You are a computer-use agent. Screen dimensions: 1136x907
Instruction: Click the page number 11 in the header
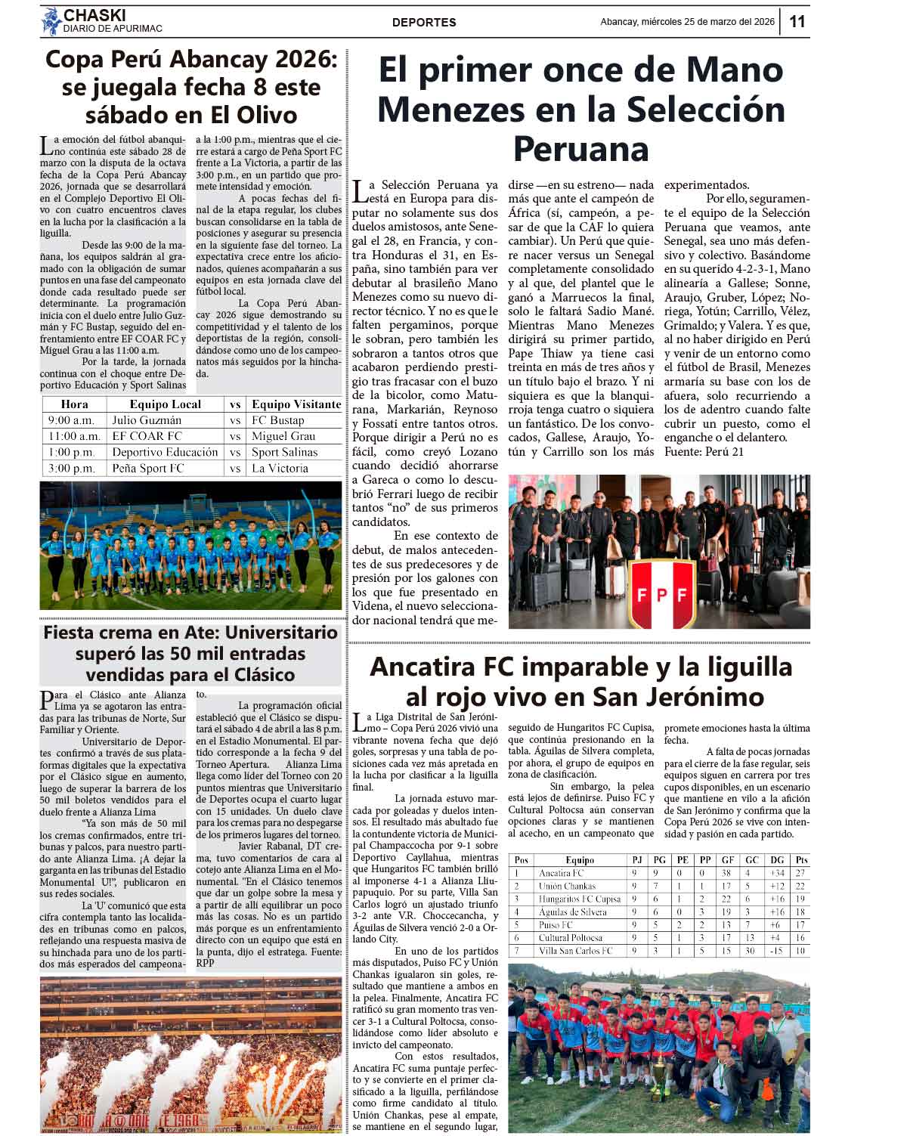(x=797, y=22)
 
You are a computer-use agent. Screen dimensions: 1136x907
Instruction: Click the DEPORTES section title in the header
(x=424, y=23)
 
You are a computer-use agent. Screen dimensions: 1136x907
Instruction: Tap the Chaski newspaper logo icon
(x=51, y=21)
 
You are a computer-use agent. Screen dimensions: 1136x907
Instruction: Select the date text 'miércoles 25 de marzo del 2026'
(x=707, y=22)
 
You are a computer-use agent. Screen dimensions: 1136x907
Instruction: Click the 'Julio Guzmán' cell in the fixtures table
(x=147, y=420)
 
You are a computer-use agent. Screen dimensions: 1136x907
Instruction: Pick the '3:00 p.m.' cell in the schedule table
(x=71, y=469)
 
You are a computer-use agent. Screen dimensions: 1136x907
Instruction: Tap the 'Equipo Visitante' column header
(x=296, y=404)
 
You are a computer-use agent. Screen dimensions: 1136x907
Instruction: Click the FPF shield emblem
(x=662, y=594)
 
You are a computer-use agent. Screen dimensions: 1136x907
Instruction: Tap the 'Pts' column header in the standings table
(x=800, y=860)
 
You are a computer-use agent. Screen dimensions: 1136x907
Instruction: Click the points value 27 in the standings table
(x=800, y=874)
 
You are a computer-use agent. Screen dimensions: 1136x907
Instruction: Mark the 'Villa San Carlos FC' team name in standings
(x=575, y=951)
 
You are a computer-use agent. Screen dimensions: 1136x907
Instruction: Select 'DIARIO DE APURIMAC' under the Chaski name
(x=113, y=29)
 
